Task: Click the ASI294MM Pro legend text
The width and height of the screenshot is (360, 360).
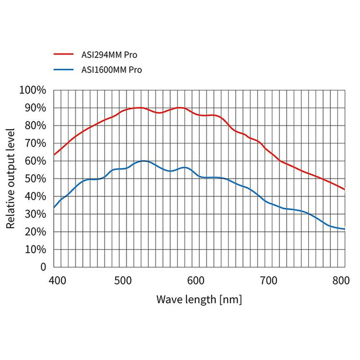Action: [117, 55]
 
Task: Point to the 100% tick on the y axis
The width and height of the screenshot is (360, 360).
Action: [33, 90]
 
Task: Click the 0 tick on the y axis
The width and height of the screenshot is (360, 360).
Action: [43, 267]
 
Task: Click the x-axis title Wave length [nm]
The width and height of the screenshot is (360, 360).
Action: [199, 300]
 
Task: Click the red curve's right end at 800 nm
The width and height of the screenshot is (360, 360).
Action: [344, 189]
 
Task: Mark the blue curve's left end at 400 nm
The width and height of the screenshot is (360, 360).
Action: [54, 207]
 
